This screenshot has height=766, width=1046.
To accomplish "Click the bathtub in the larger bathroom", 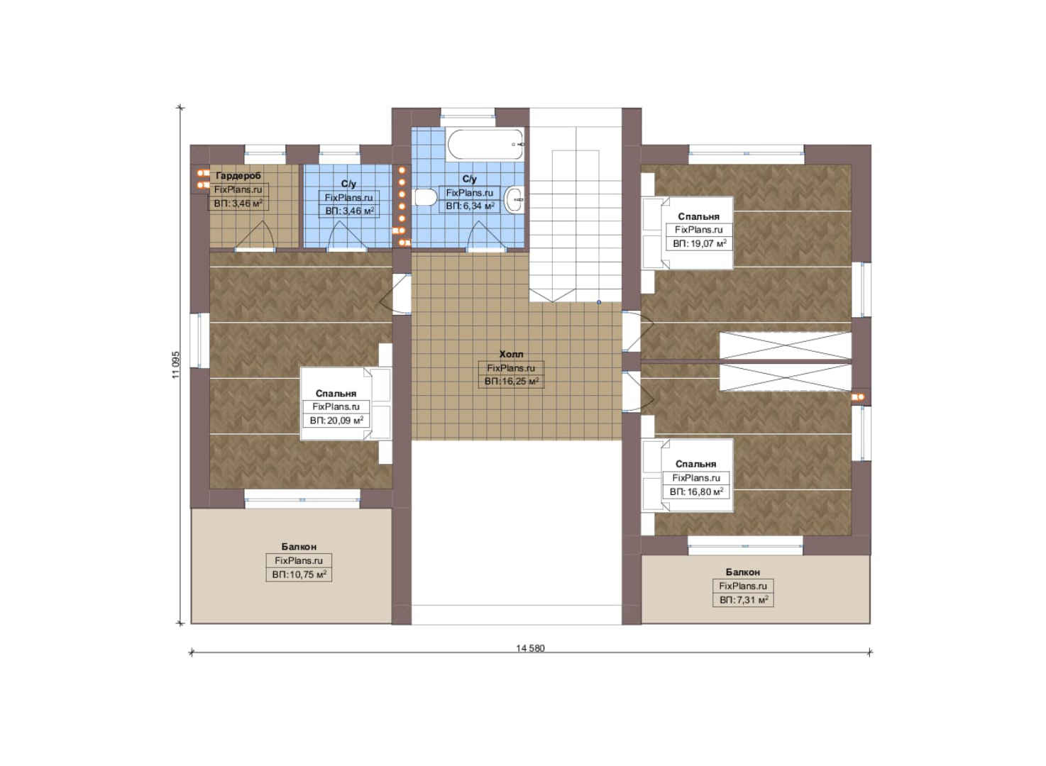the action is point(485,145).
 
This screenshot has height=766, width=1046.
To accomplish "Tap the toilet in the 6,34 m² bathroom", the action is point(424,197).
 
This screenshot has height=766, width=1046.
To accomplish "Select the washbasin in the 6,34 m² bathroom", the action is point(515,200).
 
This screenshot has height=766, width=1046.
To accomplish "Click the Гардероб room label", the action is point(238,176).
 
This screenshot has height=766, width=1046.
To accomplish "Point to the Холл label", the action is point(512,355).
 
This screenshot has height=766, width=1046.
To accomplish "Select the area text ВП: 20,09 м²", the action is point(336,421).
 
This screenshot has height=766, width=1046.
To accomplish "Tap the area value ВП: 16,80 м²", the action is point(696,492).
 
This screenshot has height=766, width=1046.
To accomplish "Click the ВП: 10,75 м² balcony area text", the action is point(299,574).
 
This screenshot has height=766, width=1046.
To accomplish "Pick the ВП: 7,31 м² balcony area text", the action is point(744,600).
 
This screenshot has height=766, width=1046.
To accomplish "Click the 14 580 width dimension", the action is point(531,648).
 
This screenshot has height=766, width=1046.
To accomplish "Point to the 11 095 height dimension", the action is point(175,365).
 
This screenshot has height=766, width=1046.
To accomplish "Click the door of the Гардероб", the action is point(255,236).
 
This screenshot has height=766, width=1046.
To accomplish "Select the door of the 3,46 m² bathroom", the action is point(346,236).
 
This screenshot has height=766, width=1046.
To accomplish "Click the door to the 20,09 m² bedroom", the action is point(396,294).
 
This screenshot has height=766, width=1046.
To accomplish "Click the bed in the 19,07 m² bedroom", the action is point(688,233).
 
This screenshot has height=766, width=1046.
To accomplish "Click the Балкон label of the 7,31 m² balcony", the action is point(742,572).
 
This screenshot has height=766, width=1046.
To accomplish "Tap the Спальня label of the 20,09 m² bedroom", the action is point(336,394).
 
